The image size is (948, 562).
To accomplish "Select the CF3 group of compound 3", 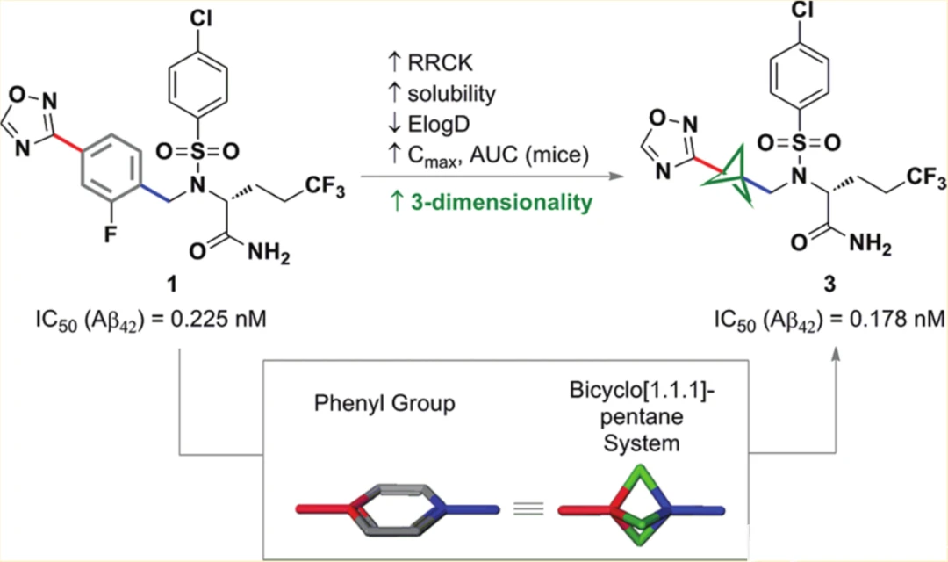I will [x=921, y=183].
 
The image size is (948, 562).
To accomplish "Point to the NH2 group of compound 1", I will [x=272, y=254].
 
